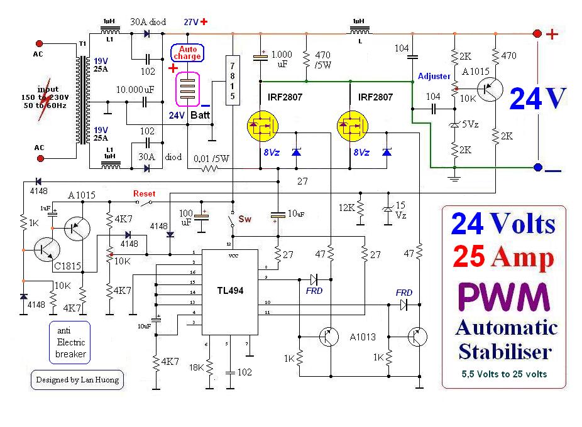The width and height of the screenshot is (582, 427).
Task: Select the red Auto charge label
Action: (x=187, y=53)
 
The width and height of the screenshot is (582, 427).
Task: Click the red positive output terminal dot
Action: (x=537, y=35)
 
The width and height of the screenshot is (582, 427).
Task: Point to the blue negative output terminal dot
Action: (x=537, y=168)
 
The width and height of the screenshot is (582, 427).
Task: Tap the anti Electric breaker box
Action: (x=70, y=342)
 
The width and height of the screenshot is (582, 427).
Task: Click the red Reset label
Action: (x=144, y=193)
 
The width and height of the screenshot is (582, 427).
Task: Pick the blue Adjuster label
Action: (x=434, y=76)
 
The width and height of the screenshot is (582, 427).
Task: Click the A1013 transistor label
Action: (x=363, y=337)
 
